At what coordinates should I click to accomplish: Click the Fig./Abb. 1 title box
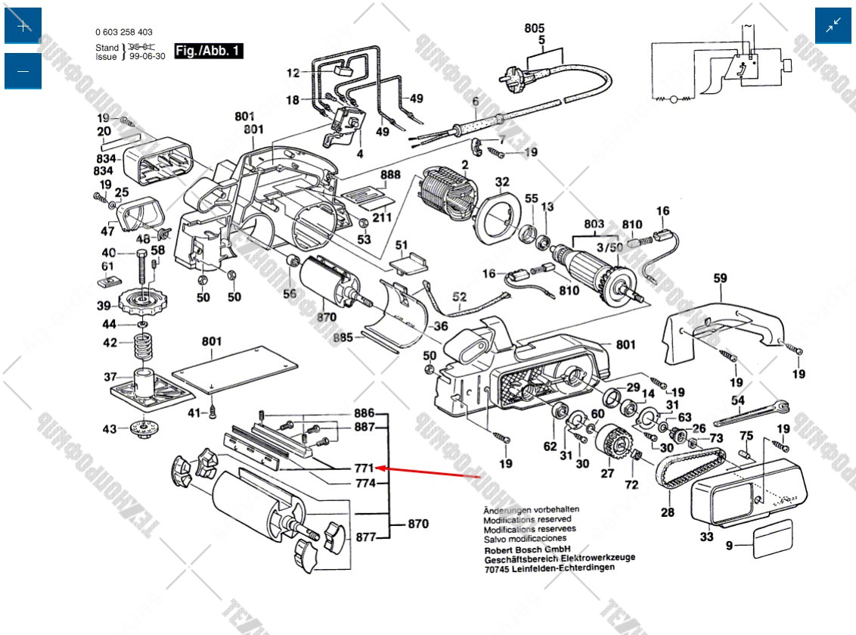(x=209, y=51)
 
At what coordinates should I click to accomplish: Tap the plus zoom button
(x=23, y=26)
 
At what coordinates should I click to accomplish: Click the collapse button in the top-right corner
(x=833, y=26)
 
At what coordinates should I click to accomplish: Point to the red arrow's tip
(x=378, y=468)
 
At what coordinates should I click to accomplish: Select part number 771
(x=364, y=468)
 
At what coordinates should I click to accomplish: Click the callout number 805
(x=535, y=28)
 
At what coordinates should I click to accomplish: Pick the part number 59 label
(x=719, y=279)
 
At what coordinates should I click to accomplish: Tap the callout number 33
(x=706, y=537)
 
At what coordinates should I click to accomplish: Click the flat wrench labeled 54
(x=749, y=412)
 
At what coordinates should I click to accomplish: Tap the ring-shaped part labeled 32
(x=498, y=216)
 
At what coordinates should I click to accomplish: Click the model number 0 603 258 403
(x=124, y=33)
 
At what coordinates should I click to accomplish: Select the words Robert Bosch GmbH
(x=527, y=549)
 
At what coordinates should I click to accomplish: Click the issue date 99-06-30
(x=147, y=56)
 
